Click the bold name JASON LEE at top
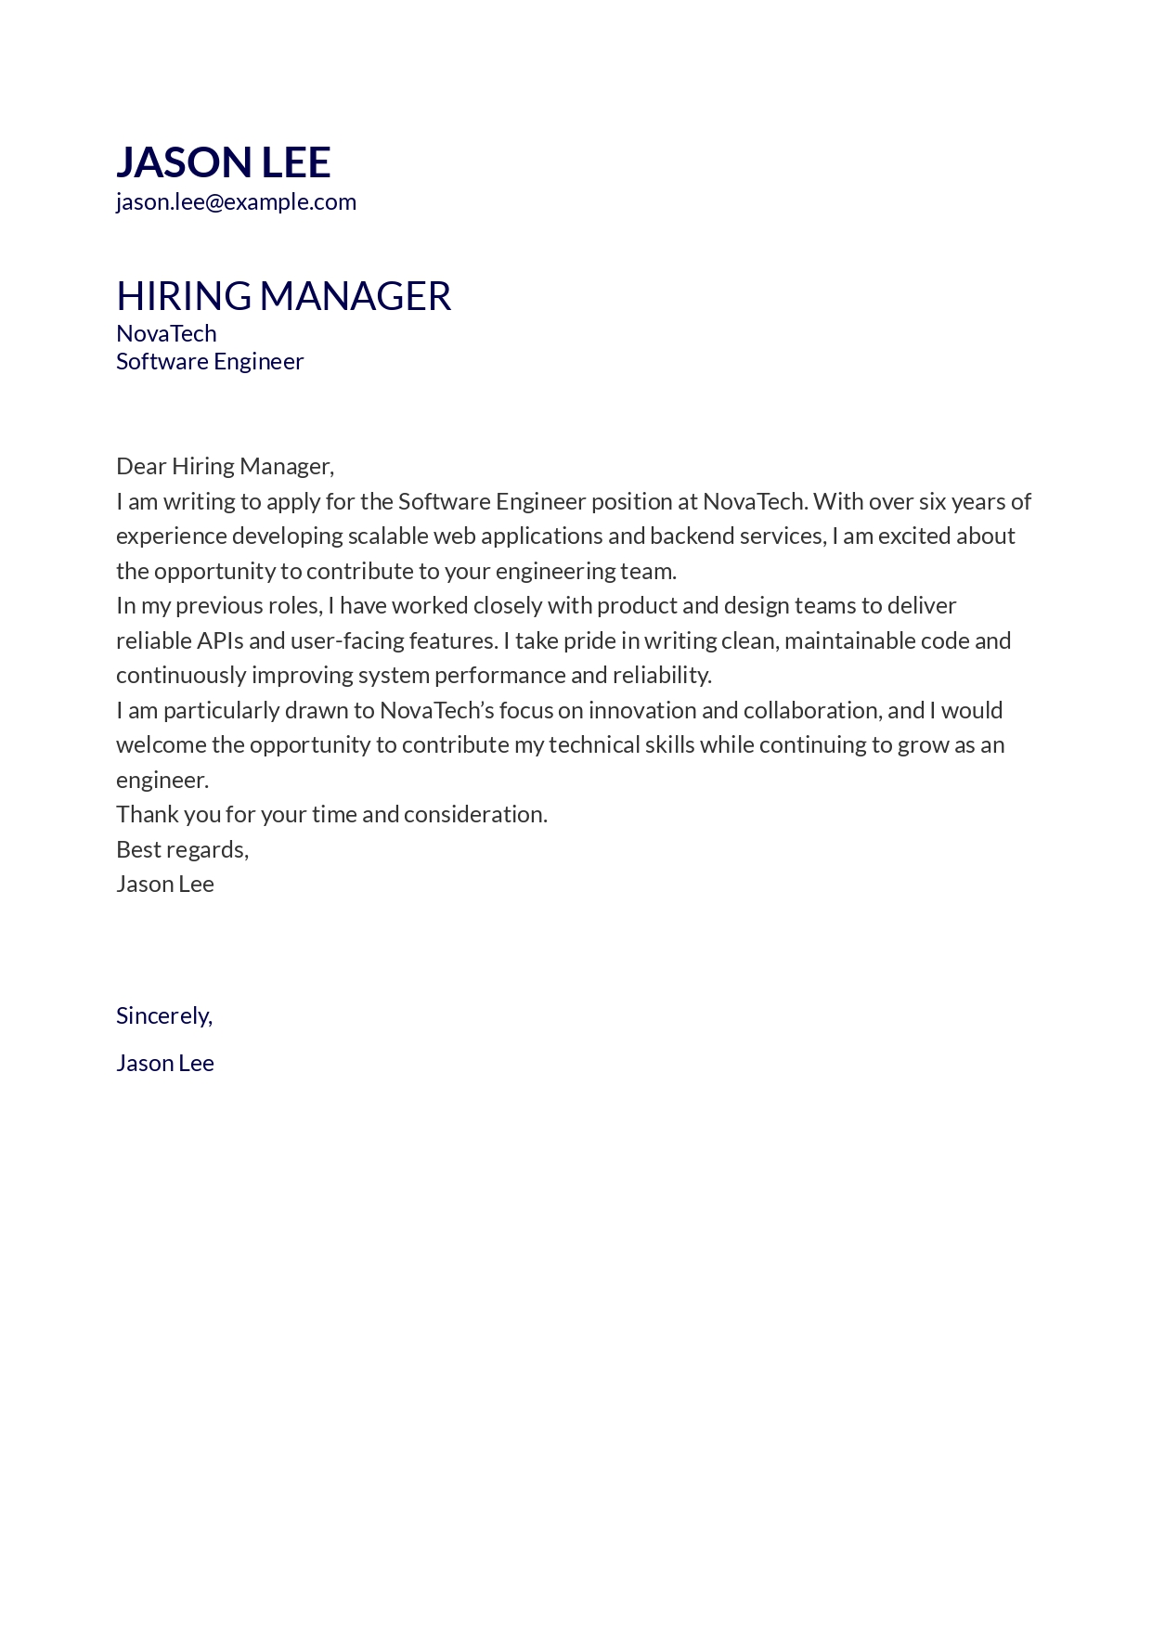pyautogui.click(x=223, y=162)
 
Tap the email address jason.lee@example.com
pyautogui.click(x=236, y=202)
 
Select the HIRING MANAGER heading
pyautogui.click(x=283, y=296)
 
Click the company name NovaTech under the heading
pyautogui.click(x=166, y=333)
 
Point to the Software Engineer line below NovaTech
pyautogui.click(x=210, y=361)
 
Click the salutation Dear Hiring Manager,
pyautogui.click(x=225, y=466)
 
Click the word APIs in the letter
pyautogui.click(x=220, y=641)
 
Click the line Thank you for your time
pyautogui.click(x=331, y=815)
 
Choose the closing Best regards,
pyautogui.click(x=182, y=850)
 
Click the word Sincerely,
pyautogui.click(x=164, y=1016)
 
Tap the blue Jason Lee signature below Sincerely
pyautogui.click(x=165, y=1064)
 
